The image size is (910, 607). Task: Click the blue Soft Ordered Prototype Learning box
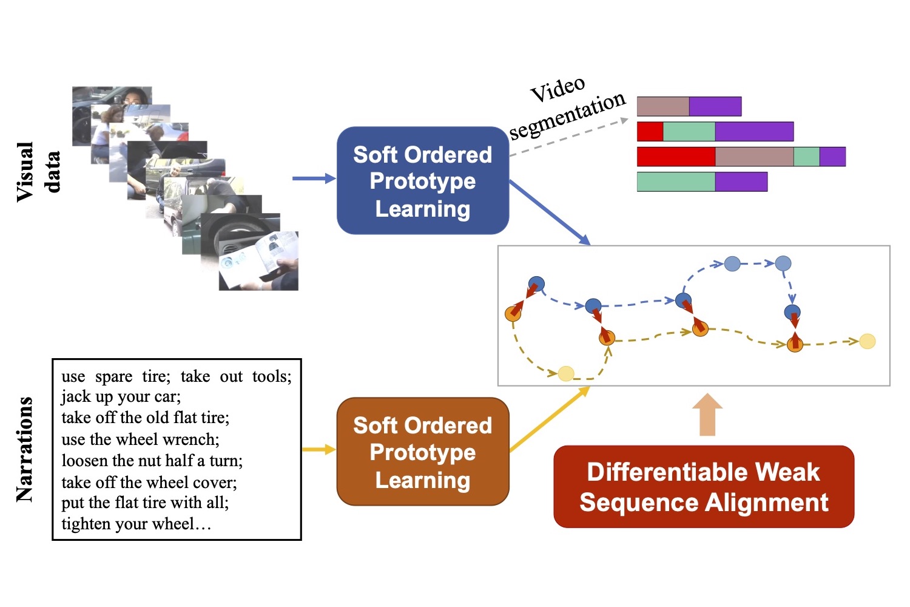pyautogui.click(x=422, y=181)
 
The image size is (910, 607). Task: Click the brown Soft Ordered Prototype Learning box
pyautogui.click(x=422, y=452)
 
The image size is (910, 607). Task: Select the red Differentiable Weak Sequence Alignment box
pyautogui.click(x=704, y=487)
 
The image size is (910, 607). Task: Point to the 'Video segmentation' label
pyautogui.click(x=567, y=107)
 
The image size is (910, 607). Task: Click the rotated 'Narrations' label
pyautogui.click(x=24, y=449)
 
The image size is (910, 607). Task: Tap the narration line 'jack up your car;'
pyautogui.click(x=121, y=396)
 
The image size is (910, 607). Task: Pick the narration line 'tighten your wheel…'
pyautogui.click(x=136, y=524)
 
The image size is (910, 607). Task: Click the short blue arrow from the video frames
pyautogui.click(x=314, y=178)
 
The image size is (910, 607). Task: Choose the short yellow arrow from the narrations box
pyautogui.click(x=318, y=449)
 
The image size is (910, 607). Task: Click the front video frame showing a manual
pyautogui.click(x=259, y=261)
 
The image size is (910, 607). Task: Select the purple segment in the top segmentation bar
pyautogui.click(x=715, y=106)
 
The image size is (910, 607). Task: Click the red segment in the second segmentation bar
pyautogui.click(x=650, y=132)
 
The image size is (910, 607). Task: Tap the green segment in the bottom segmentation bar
pyautogui.click(x=676, y=181)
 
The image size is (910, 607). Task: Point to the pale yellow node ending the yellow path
pyautogui.click(x=868, y=341)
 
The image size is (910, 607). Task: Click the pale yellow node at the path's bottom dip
pyautogui.click(x=566, y=373)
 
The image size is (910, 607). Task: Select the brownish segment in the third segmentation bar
pyautogui.click(x=754, y=157)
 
